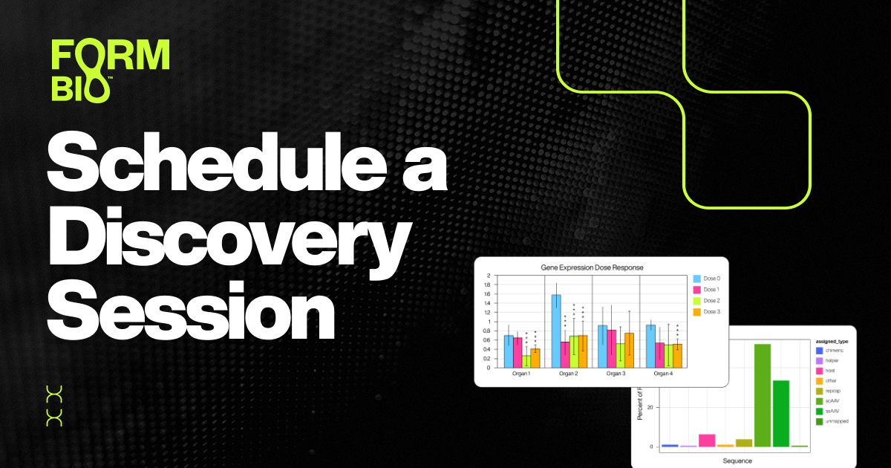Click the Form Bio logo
(110, 70)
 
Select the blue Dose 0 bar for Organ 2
(555, 331)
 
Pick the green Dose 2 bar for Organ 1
(526, 361)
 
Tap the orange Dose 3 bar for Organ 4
(676, 355)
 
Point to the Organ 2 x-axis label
(568, 374)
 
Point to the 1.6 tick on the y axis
(488, 294)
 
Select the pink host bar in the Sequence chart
(707, 440)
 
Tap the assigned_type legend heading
(831, 342)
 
